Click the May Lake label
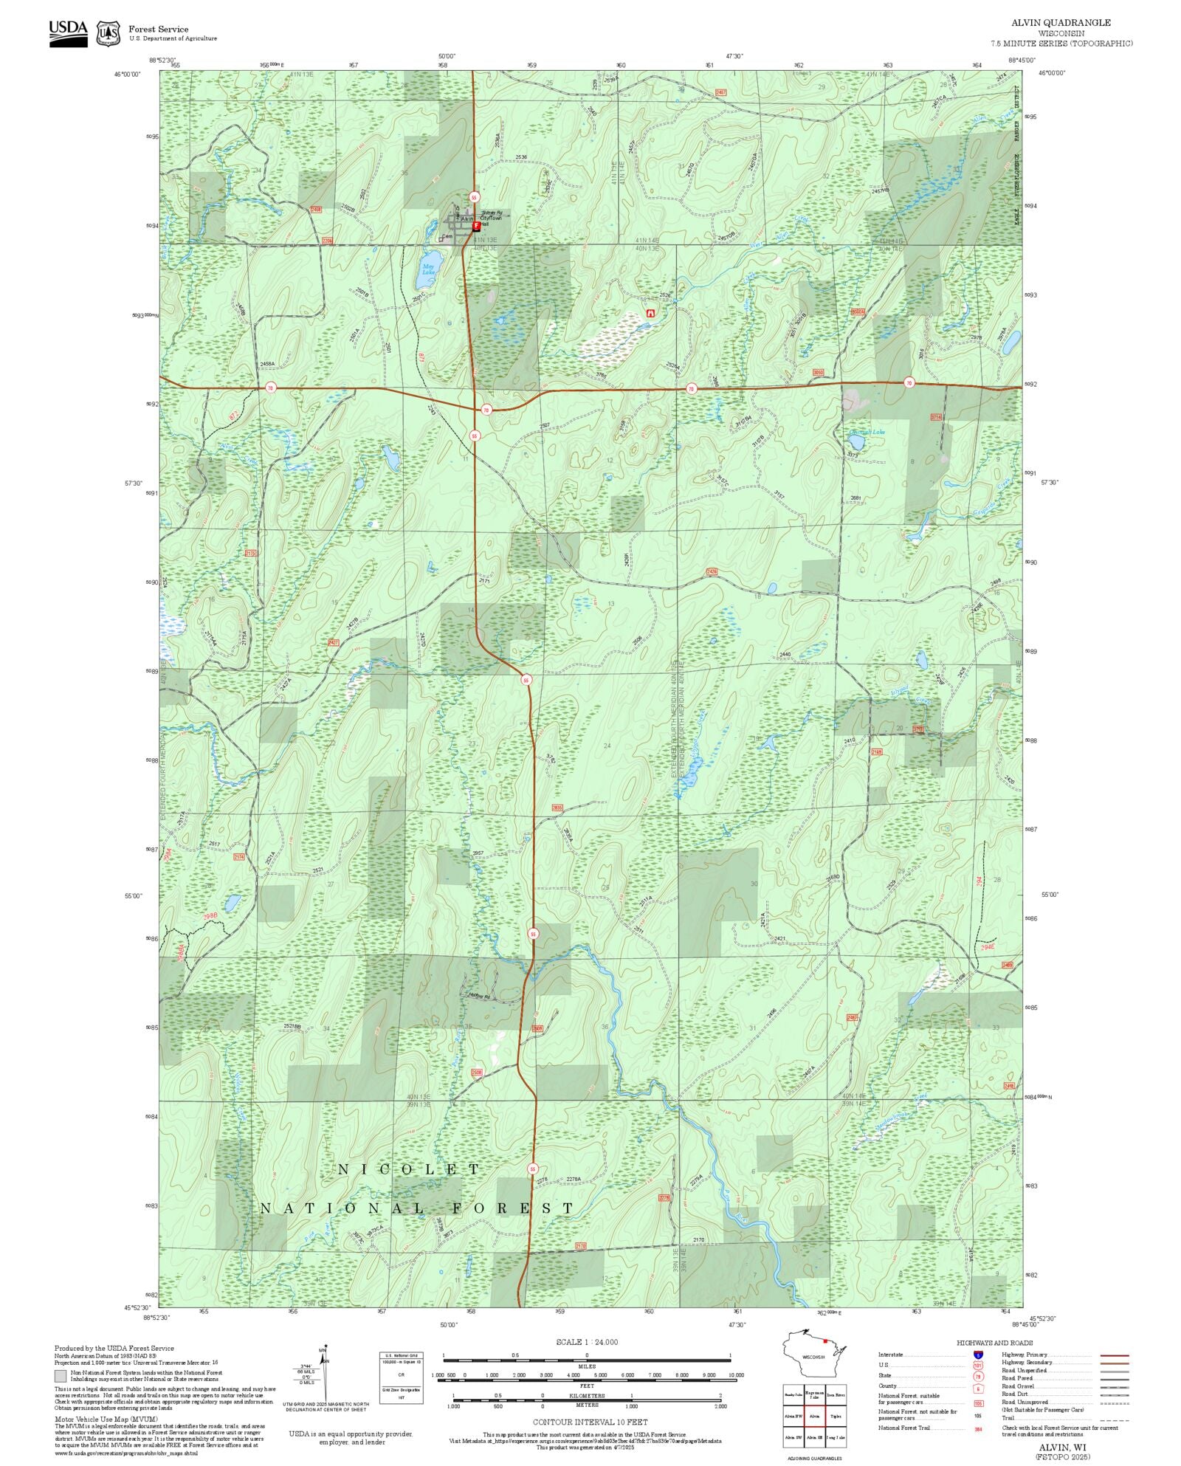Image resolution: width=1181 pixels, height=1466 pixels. [x=428, y=269]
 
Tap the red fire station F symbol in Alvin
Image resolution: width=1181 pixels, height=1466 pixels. [x=476, y=227]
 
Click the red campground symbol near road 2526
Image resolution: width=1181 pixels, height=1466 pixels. [x=650, y=314]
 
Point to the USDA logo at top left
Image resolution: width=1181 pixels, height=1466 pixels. [x=68, y=33]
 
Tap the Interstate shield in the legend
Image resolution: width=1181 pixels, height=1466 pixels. [x=978, y=1355]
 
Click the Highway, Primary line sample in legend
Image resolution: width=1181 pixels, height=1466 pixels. [x=1114, y=1355]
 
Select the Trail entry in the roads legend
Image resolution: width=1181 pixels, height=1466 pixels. [x=1008, y=1418]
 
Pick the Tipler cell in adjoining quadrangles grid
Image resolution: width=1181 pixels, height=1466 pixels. [x=836, y=1417]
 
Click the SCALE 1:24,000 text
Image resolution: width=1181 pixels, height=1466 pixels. [x=587, y=1342]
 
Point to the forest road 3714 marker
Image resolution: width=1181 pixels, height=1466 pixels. [x=937, y=417]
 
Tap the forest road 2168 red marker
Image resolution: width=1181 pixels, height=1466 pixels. [x=876, y=752]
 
